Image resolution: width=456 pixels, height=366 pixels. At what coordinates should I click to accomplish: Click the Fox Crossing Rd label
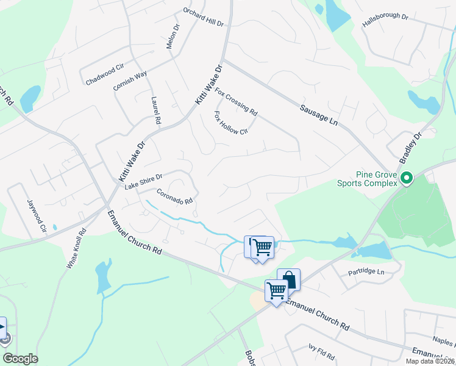pos(237,102)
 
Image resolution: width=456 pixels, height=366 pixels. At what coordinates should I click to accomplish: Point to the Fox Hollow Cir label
pos(231,123)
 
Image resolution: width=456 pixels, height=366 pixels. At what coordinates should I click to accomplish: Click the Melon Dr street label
pos(173,37)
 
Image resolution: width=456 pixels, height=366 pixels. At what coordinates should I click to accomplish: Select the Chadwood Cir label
pos(105,73)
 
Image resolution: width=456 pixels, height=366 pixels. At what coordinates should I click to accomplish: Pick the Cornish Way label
pos(130,82)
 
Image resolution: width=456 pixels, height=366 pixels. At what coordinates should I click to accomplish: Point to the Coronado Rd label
pos(175,196)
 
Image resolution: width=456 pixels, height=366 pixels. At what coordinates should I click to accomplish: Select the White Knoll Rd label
pos(77,249)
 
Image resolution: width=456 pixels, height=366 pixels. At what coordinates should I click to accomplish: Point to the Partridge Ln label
pos(367,271)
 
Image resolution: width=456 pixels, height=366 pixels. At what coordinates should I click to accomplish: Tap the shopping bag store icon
pos(289,279)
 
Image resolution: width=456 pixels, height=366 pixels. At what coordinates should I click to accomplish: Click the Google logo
pos(20,359)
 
